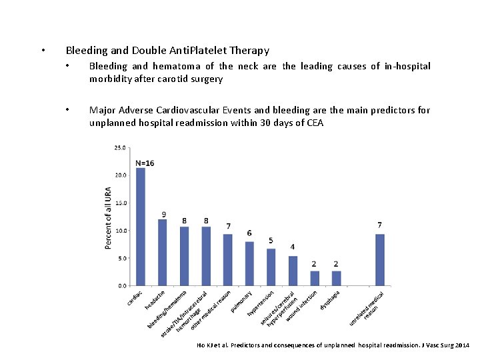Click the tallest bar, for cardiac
(x=141, y=227)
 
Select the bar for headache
(x=163, y=252)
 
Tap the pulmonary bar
(x=249, y=263)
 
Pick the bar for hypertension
(x=271, y=267)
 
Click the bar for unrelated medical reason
(x=379, y=259)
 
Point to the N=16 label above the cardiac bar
(x=145, y=163)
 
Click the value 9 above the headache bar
(x=163, y=215)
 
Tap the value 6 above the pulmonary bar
(x=249, y=233)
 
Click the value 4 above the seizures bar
(x=293, y=247)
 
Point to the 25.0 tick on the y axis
(x=121, y=147)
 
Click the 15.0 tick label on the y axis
(x=121, y=203)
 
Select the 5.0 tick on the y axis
(x=122, y=258)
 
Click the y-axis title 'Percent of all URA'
(x=108, y=217)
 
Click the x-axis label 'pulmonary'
(x=241, y=301)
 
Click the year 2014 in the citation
(x=461, y=345)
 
